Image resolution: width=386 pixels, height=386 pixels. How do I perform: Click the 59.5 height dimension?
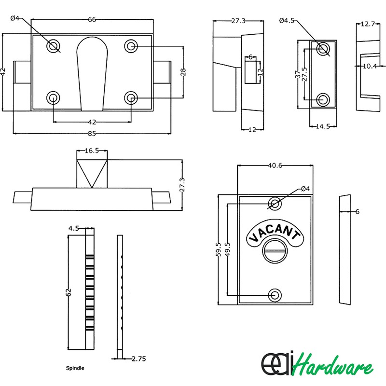[x=219, y=250]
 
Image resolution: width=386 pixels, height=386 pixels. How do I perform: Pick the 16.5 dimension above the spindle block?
[x=92, y=151]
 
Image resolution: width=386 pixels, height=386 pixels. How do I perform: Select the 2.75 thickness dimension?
[x=139, y=358]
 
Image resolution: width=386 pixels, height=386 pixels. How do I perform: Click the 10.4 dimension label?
[x=370, y=66]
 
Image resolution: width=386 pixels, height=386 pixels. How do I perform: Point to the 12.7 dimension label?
[x=368, y=24]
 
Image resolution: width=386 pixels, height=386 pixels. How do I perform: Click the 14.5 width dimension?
[x=322, y=127]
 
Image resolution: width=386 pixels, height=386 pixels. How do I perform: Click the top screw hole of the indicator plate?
[x=275, y=204]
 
